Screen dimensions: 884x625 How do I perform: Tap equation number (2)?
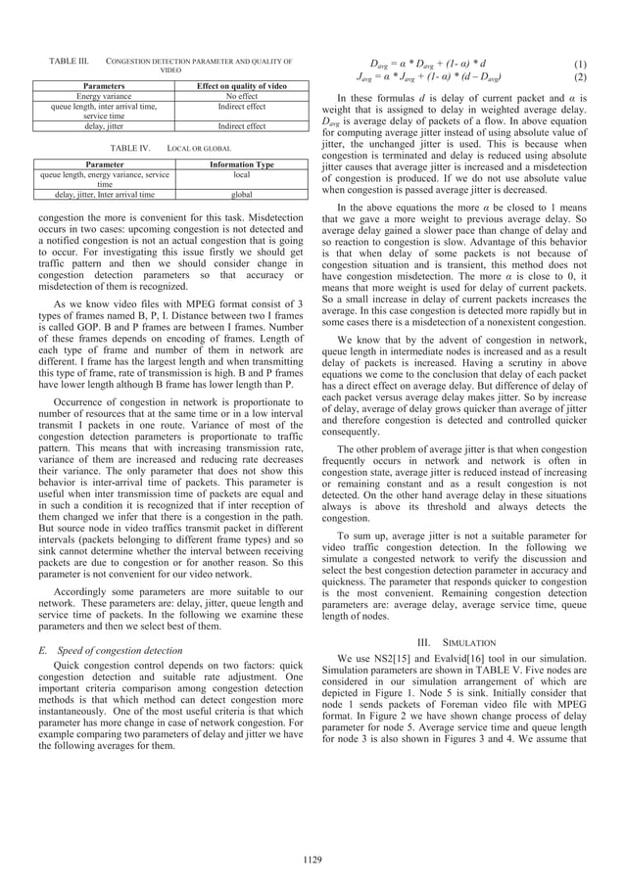pyautogui.click(x=580, y=77)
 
